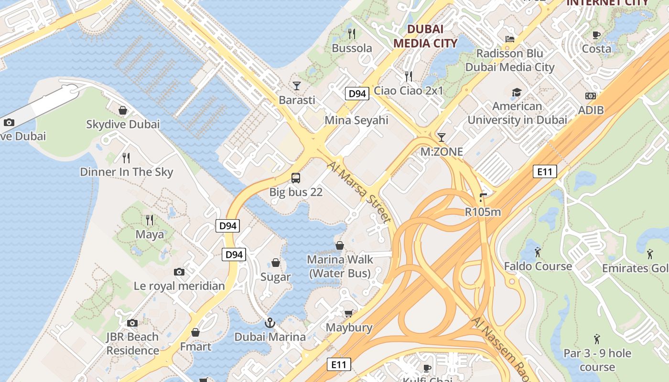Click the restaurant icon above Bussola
pos(352,33)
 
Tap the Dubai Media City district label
pos(425,36)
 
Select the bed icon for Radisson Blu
pos(510,39)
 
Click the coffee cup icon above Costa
pos(596,34)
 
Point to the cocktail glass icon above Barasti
pos(297,85)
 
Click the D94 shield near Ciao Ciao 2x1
pos(357,94)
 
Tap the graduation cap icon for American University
pos(517,92)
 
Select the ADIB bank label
pos(591,110)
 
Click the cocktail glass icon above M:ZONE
pos(442,138)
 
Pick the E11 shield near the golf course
pos(545,171)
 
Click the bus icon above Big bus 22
pos(296,178)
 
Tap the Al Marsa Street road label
pos(359,192)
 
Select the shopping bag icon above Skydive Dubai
pos(123,110)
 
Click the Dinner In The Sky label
pos(127,172)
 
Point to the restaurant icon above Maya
pos(150,220)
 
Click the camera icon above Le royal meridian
pos(179,272)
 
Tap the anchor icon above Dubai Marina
pos(270,323)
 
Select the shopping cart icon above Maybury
pos(349,313)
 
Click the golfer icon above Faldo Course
pos(538,252)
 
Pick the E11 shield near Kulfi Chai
pos(339,365)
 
